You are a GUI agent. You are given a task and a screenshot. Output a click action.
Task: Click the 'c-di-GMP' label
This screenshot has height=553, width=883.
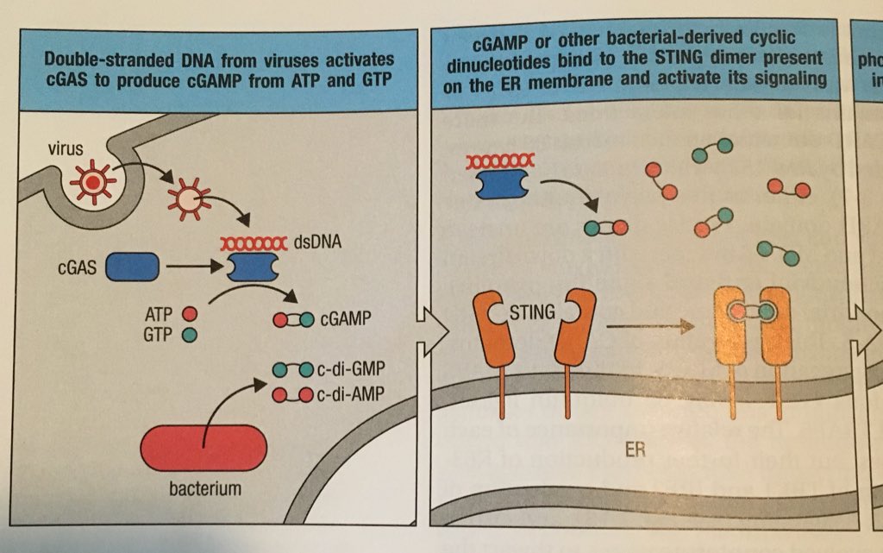352,369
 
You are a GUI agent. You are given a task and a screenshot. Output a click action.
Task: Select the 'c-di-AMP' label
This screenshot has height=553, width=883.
352,395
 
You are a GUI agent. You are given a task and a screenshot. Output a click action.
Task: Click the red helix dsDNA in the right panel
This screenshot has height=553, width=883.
499,160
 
